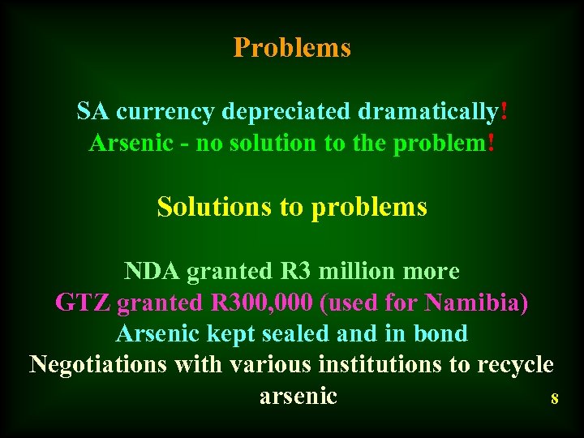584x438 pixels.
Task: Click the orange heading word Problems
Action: click(292, 48)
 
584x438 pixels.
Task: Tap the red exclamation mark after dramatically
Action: click(505, 111)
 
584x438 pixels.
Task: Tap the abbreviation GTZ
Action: click(82, 303)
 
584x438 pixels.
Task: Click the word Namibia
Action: click(478, 303)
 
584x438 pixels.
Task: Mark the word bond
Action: click(441, 333)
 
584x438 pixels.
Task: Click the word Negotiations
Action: click(98, 365)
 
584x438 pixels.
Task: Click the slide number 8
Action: click(555, 399)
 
